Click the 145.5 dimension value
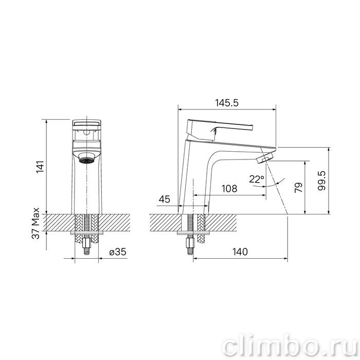227,103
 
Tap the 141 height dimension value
41,167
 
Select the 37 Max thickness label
35,223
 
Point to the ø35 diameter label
118,252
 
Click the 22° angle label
257,179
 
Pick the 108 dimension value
229,189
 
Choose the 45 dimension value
165,199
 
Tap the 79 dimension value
298,188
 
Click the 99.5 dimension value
321,181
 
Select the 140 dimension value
240,252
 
